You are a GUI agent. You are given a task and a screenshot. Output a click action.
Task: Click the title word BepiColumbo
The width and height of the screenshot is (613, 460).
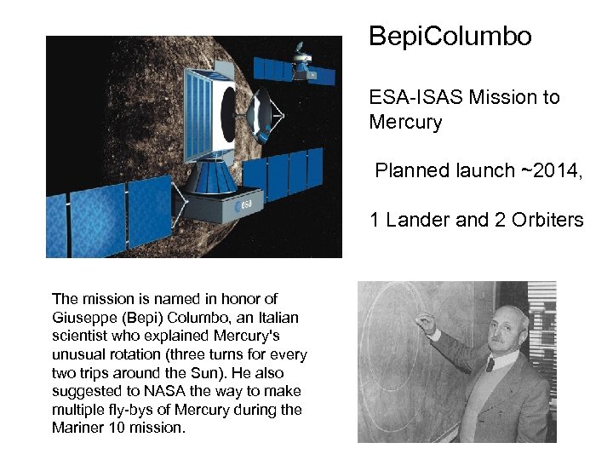pos(450,37)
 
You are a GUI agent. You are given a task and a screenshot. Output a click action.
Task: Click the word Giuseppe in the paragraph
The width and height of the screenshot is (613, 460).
pos(84,317)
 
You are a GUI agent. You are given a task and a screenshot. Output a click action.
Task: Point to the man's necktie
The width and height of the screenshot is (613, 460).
pos(490,365)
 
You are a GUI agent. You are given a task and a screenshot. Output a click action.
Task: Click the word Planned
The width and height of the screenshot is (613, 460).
pos(408,170)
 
